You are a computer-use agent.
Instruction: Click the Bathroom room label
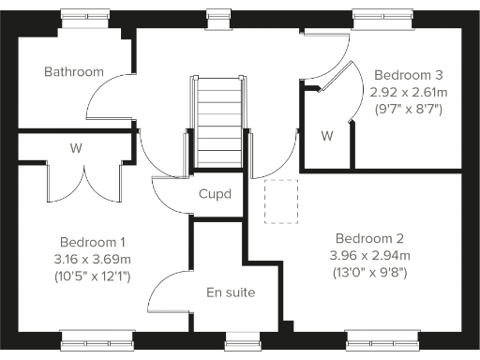(x=73, y=71)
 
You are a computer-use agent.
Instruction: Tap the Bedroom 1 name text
(x=92, y=241)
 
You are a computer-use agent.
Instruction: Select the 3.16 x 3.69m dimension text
(x=94, y=259)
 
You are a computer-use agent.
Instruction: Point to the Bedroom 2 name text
(x=370, y=237)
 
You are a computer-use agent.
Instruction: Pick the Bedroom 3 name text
(x=408, y=74)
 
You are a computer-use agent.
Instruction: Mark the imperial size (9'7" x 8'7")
(x=408, y=110)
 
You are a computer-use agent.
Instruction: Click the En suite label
(x=231, y=292)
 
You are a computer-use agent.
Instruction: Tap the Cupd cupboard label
(x=215, y=194)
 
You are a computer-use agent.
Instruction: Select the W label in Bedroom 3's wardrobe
(x=327, y=136)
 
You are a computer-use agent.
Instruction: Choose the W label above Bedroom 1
(x=73, y=148)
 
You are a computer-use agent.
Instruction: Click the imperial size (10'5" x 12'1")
(x=94, y=277)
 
